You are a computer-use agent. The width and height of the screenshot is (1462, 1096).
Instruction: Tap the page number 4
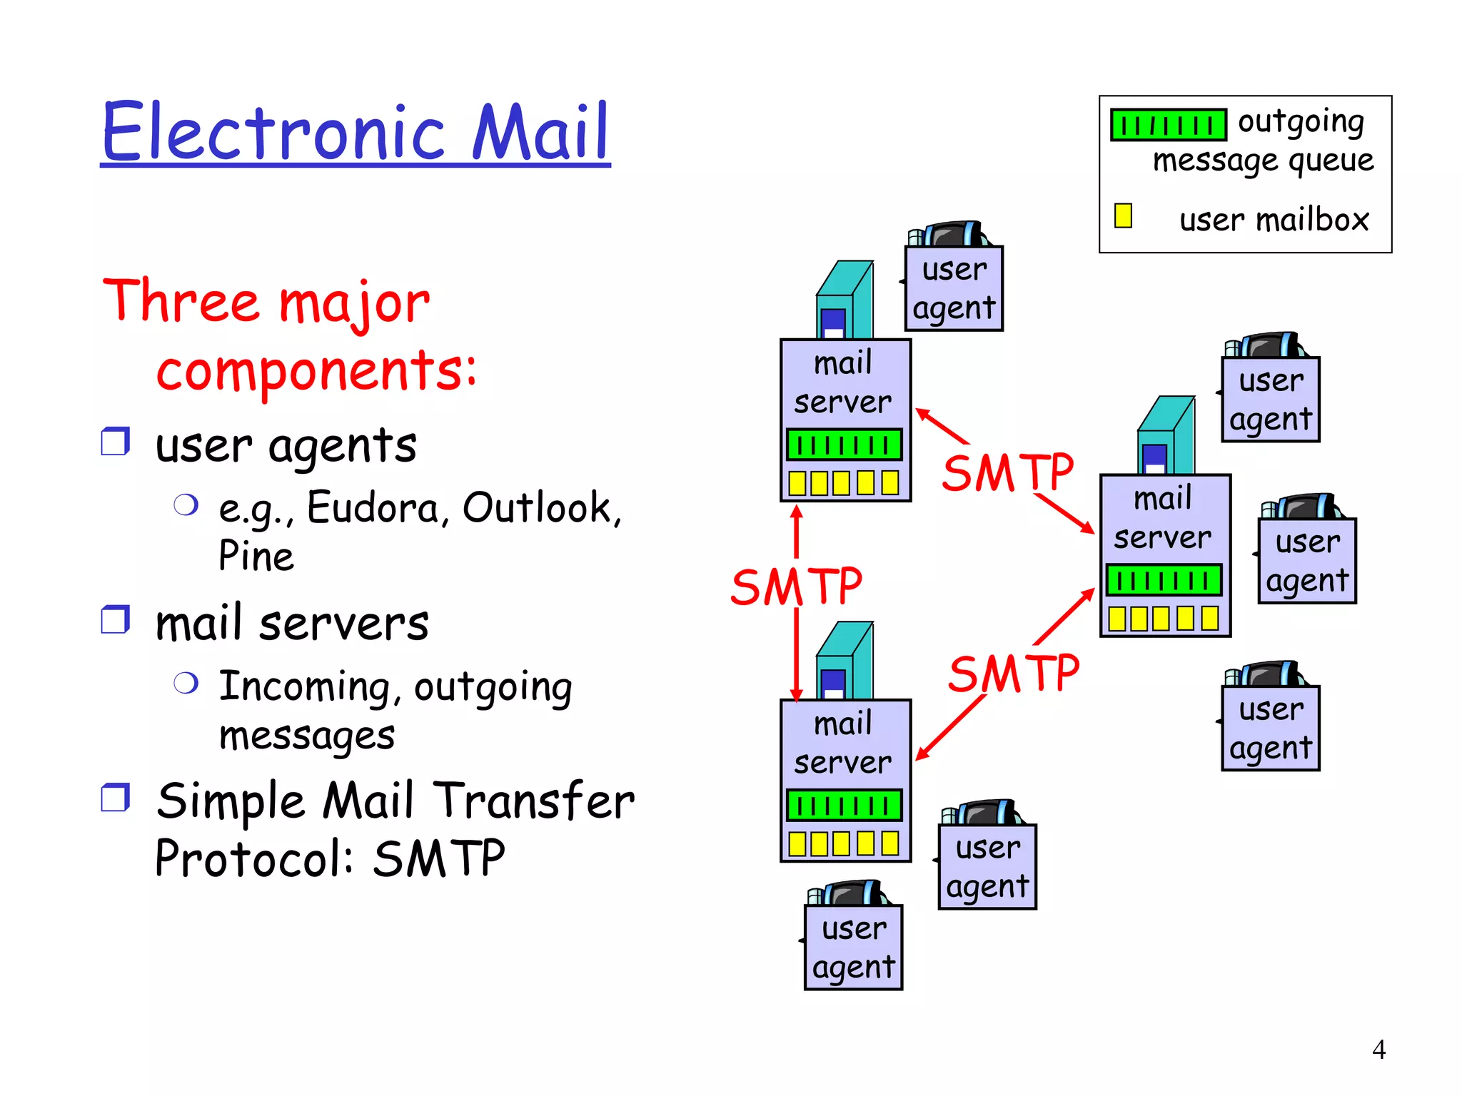1378,1050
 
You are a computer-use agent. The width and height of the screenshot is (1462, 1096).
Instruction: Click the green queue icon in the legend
1168,125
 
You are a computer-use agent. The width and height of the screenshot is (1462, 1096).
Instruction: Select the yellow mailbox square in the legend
1123,215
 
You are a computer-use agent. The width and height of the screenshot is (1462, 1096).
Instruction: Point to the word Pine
256,557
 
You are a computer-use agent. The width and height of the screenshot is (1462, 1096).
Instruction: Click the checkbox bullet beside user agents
115,442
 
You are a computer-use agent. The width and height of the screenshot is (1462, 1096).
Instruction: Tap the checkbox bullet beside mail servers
115,619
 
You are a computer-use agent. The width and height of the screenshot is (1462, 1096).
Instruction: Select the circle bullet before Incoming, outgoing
186,684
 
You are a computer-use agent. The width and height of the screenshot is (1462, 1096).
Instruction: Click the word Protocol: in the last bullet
254,858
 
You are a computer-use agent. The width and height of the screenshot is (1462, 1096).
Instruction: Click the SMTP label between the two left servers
796,587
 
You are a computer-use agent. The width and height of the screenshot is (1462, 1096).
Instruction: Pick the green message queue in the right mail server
1164,580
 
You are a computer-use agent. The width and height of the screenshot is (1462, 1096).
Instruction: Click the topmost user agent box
954,289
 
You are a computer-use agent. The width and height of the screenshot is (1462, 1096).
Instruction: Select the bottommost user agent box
853,948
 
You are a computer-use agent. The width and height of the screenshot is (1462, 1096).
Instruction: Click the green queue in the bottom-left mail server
845,806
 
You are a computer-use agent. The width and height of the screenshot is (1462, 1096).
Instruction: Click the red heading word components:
316,370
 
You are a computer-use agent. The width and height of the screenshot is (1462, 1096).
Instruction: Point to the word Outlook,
542,508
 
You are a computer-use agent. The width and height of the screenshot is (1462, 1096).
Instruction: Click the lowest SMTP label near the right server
1013,674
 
